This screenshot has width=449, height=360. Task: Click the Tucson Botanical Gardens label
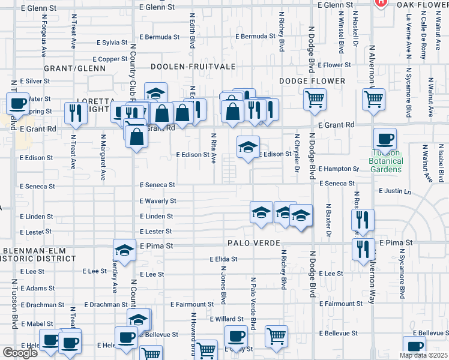click(385, 165)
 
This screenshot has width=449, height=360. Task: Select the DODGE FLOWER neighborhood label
click(312, 81)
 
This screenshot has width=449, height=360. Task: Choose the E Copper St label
click(110, 59)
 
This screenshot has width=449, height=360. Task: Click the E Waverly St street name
click(158, 201)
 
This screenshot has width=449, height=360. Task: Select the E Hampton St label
click(338, 169)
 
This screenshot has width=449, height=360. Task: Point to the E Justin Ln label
click(395, 191)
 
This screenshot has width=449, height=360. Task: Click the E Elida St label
click(223, 259)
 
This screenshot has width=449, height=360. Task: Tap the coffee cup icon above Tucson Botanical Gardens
click(385, 139)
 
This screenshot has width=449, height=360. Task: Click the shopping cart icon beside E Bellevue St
click(276, 336)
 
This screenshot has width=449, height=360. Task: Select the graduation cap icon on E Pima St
click(124, 250)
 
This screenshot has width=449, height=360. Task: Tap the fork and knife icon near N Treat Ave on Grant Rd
click(75, 112)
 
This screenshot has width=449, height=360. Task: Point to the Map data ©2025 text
click(423, 355)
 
